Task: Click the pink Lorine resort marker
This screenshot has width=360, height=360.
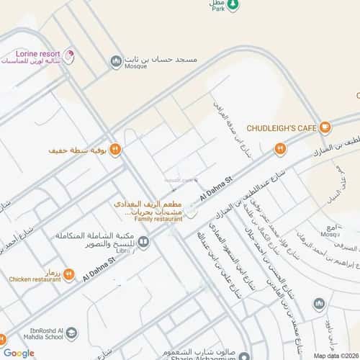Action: (x=69, y=55)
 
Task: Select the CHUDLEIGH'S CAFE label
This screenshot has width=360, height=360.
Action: (x=281, y=127)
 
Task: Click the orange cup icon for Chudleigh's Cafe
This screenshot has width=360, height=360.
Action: (x=325, y=128)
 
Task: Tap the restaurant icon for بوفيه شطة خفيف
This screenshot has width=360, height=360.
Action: (x=115, y=150)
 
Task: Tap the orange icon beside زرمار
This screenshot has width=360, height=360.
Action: (x=69, y=274)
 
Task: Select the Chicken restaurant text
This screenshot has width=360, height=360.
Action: (x=35, y=279)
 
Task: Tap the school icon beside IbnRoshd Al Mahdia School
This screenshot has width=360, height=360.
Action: (x=71, y=333)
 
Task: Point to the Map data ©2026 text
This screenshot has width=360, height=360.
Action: (x=334, y=356)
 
